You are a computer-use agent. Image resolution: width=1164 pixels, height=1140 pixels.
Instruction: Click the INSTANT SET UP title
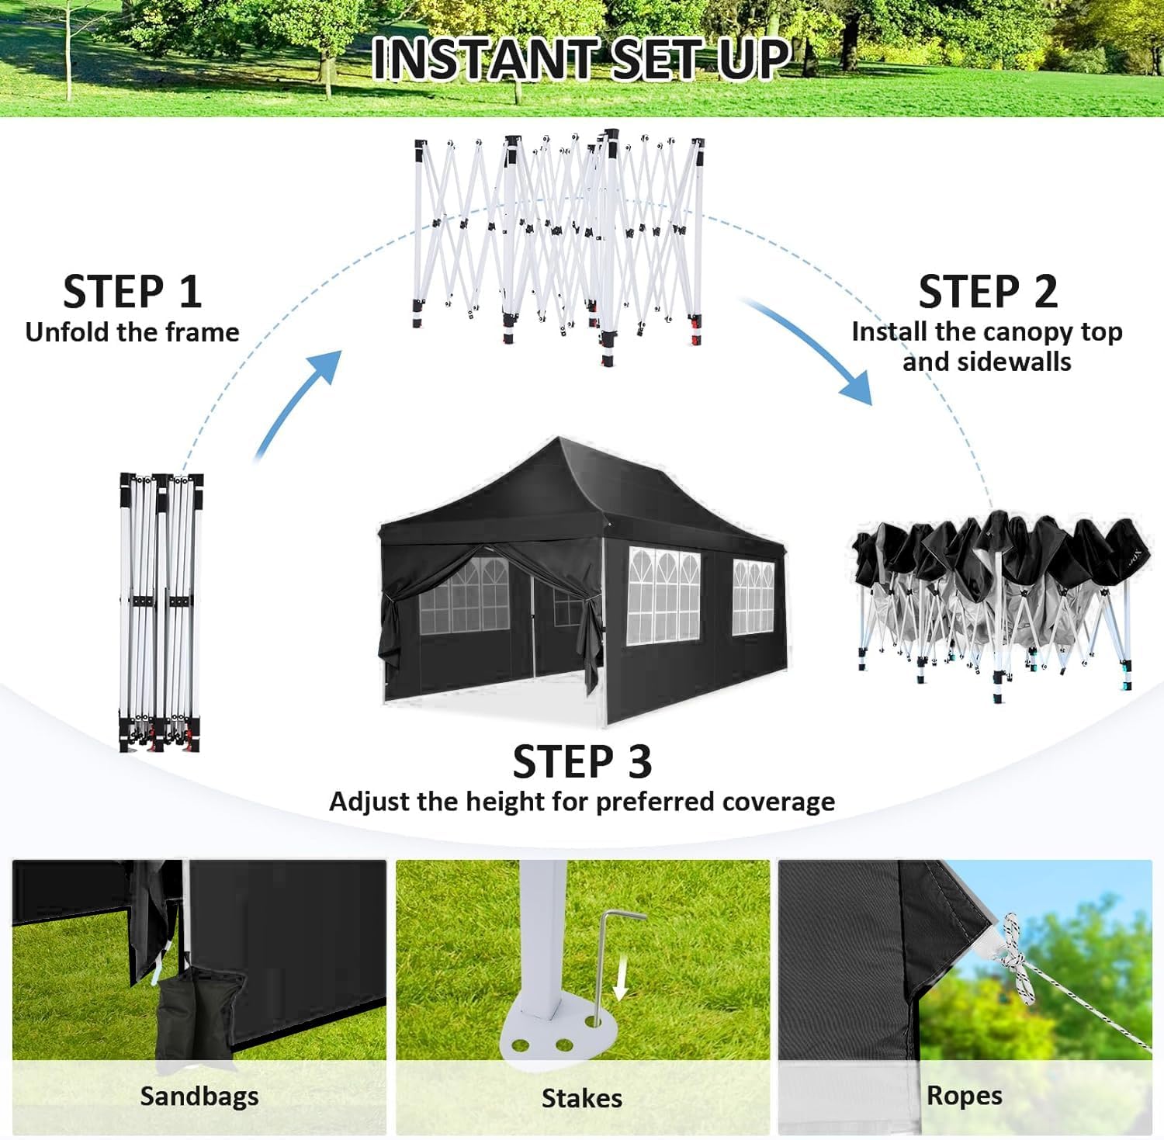[x=581, y=58]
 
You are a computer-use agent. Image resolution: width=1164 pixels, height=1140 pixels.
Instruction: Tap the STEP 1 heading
[x=132, y=293]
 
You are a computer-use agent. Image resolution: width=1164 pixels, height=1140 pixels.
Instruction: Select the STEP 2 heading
[x=987, y=293]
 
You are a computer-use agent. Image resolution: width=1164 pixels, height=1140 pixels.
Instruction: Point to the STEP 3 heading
[x=582, y=761]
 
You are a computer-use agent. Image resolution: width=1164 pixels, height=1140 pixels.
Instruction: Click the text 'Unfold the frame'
[x=132, y=332]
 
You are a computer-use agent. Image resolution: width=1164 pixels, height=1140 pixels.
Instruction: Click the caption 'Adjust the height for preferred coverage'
[x=582, y=801]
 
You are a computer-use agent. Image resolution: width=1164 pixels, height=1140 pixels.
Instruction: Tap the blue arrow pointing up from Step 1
[x=299, y=404]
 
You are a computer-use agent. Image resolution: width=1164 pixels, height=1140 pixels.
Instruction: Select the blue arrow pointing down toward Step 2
[x=815, y=349]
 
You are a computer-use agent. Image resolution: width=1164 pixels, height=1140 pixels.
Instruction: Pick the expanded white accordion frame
[x=559, y=241]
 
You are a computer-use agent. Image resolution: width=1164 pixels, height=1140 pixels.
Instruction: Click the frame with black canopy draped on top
[x=993, y=598]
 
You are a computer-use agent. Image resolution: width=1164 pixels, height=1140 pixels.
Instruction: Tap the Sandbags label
[x=199, y=1096]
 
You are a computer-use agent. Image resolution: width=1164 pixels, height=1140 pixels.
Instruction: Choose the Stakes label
[x=581, y=1098]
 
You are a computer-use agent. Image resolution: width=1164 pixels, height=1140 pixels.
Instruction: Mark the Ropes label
[x=964, y=1095]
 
